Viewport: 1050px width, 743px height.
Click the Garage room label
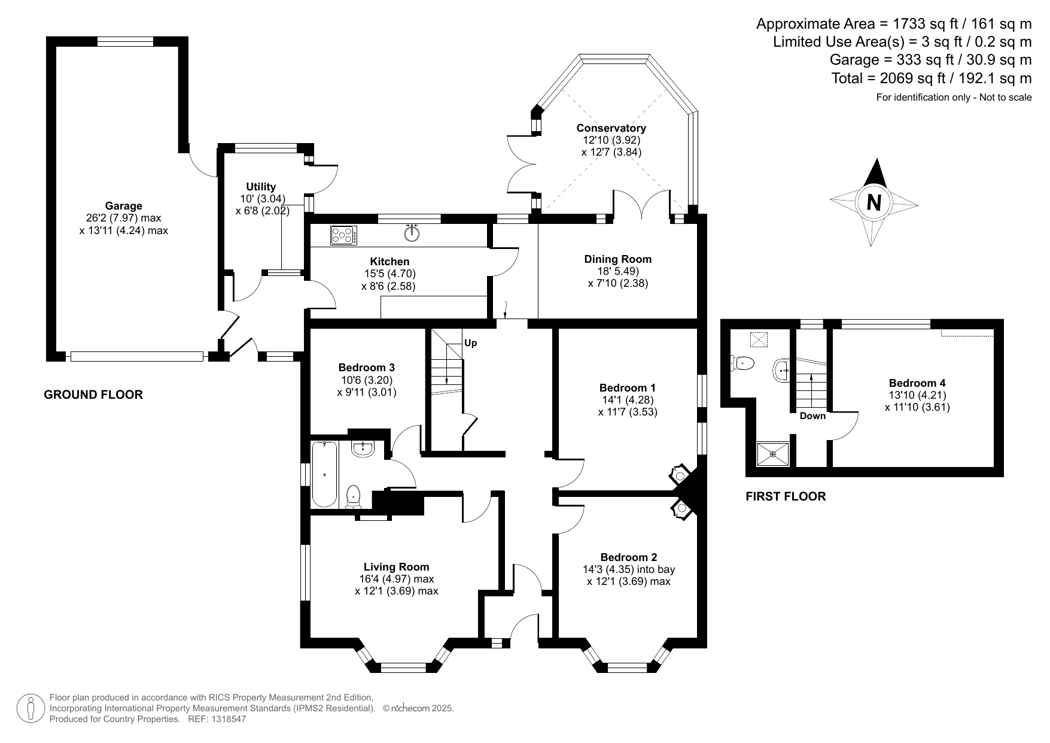pos(123,206)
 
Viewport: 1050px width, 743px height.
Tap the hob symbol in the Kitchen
pos(343,235)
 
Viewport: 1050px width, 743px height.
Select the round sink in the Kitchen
pos(412,233)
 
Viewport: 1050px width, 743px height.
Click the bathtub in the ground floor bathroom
pos(324,474)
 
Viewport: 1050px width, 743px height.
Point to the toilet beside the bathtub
pos(354,496)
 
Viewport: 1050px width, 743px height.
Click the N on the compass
pos(874,202)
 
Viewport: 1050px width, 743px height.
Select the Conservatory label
pos(611,128)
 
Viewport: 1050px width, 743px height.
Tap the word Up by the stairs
pos(471,343)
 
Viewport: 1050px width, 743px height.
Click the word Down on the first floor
pos(812,416)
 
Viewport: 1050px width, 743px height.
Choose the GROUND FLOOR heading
pos(93,395)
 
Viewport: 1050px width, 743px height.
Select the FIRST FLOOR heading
pos(786,496)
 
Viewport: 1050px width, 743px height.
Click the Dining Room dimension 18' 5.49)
pos(617,271)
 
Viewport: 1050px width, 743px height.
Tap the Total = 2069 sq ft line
pos(931,78)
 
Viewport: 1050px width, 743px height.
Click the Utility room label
pos(261,187)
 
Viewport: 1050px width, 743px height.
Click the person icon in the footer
pos(29,708)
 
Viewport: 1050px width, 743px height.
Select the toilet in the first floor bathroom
pos(742,362)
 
